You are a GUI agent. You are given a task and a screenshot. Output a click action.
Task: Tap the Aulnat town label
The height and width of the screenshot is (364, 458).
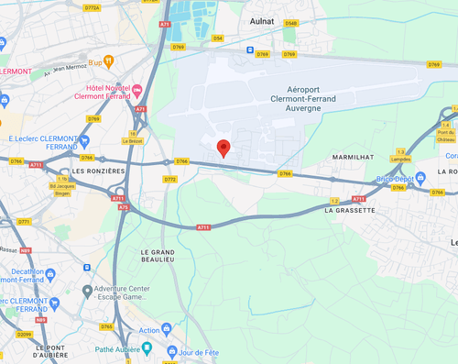tap(263, 18)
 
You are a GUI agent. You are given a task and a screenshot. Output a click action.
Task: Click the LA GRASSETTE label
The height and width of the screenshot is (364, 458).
tap(350, 210)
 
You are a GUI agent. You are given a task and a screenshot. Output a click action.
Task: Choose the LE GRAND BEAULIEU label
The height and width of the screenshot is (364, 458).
tap(158, 256)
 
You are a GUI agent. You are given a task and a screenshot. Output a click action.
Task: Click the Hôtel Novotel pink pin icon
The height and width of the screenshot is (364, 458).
tap(137, 90)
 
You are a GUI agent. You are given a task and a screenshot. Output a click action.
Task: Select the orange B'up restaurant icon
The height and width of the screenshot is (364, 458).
tap(109, 61)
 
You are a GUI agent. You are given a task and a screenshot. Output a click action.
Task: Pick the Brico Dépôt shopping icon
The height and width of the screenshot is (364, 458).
tap(420, 177)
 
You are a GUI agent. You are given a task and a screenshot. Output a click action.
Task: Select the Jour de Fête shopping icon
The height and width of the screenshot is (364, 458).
tap(171, 352)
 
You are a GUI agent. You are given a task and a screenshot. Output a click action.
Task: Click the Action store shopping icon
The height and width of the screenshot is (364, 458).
tap(167, 329)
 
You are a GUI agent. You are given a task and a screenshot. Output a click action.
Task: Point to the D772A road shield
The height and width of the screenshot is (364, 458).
tap(92, 8)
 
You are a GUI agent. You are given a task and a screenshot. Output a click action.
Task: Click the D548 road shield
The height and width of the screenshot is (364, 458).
tap(290, 23)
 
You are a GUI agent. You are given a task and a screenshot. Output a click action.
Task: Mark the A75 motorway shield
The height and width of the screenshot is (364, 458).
tap(124, 208)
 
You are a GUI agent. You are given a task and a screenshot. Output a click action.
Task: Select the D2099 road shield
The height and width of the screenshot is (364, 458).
tap(24, 335)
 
